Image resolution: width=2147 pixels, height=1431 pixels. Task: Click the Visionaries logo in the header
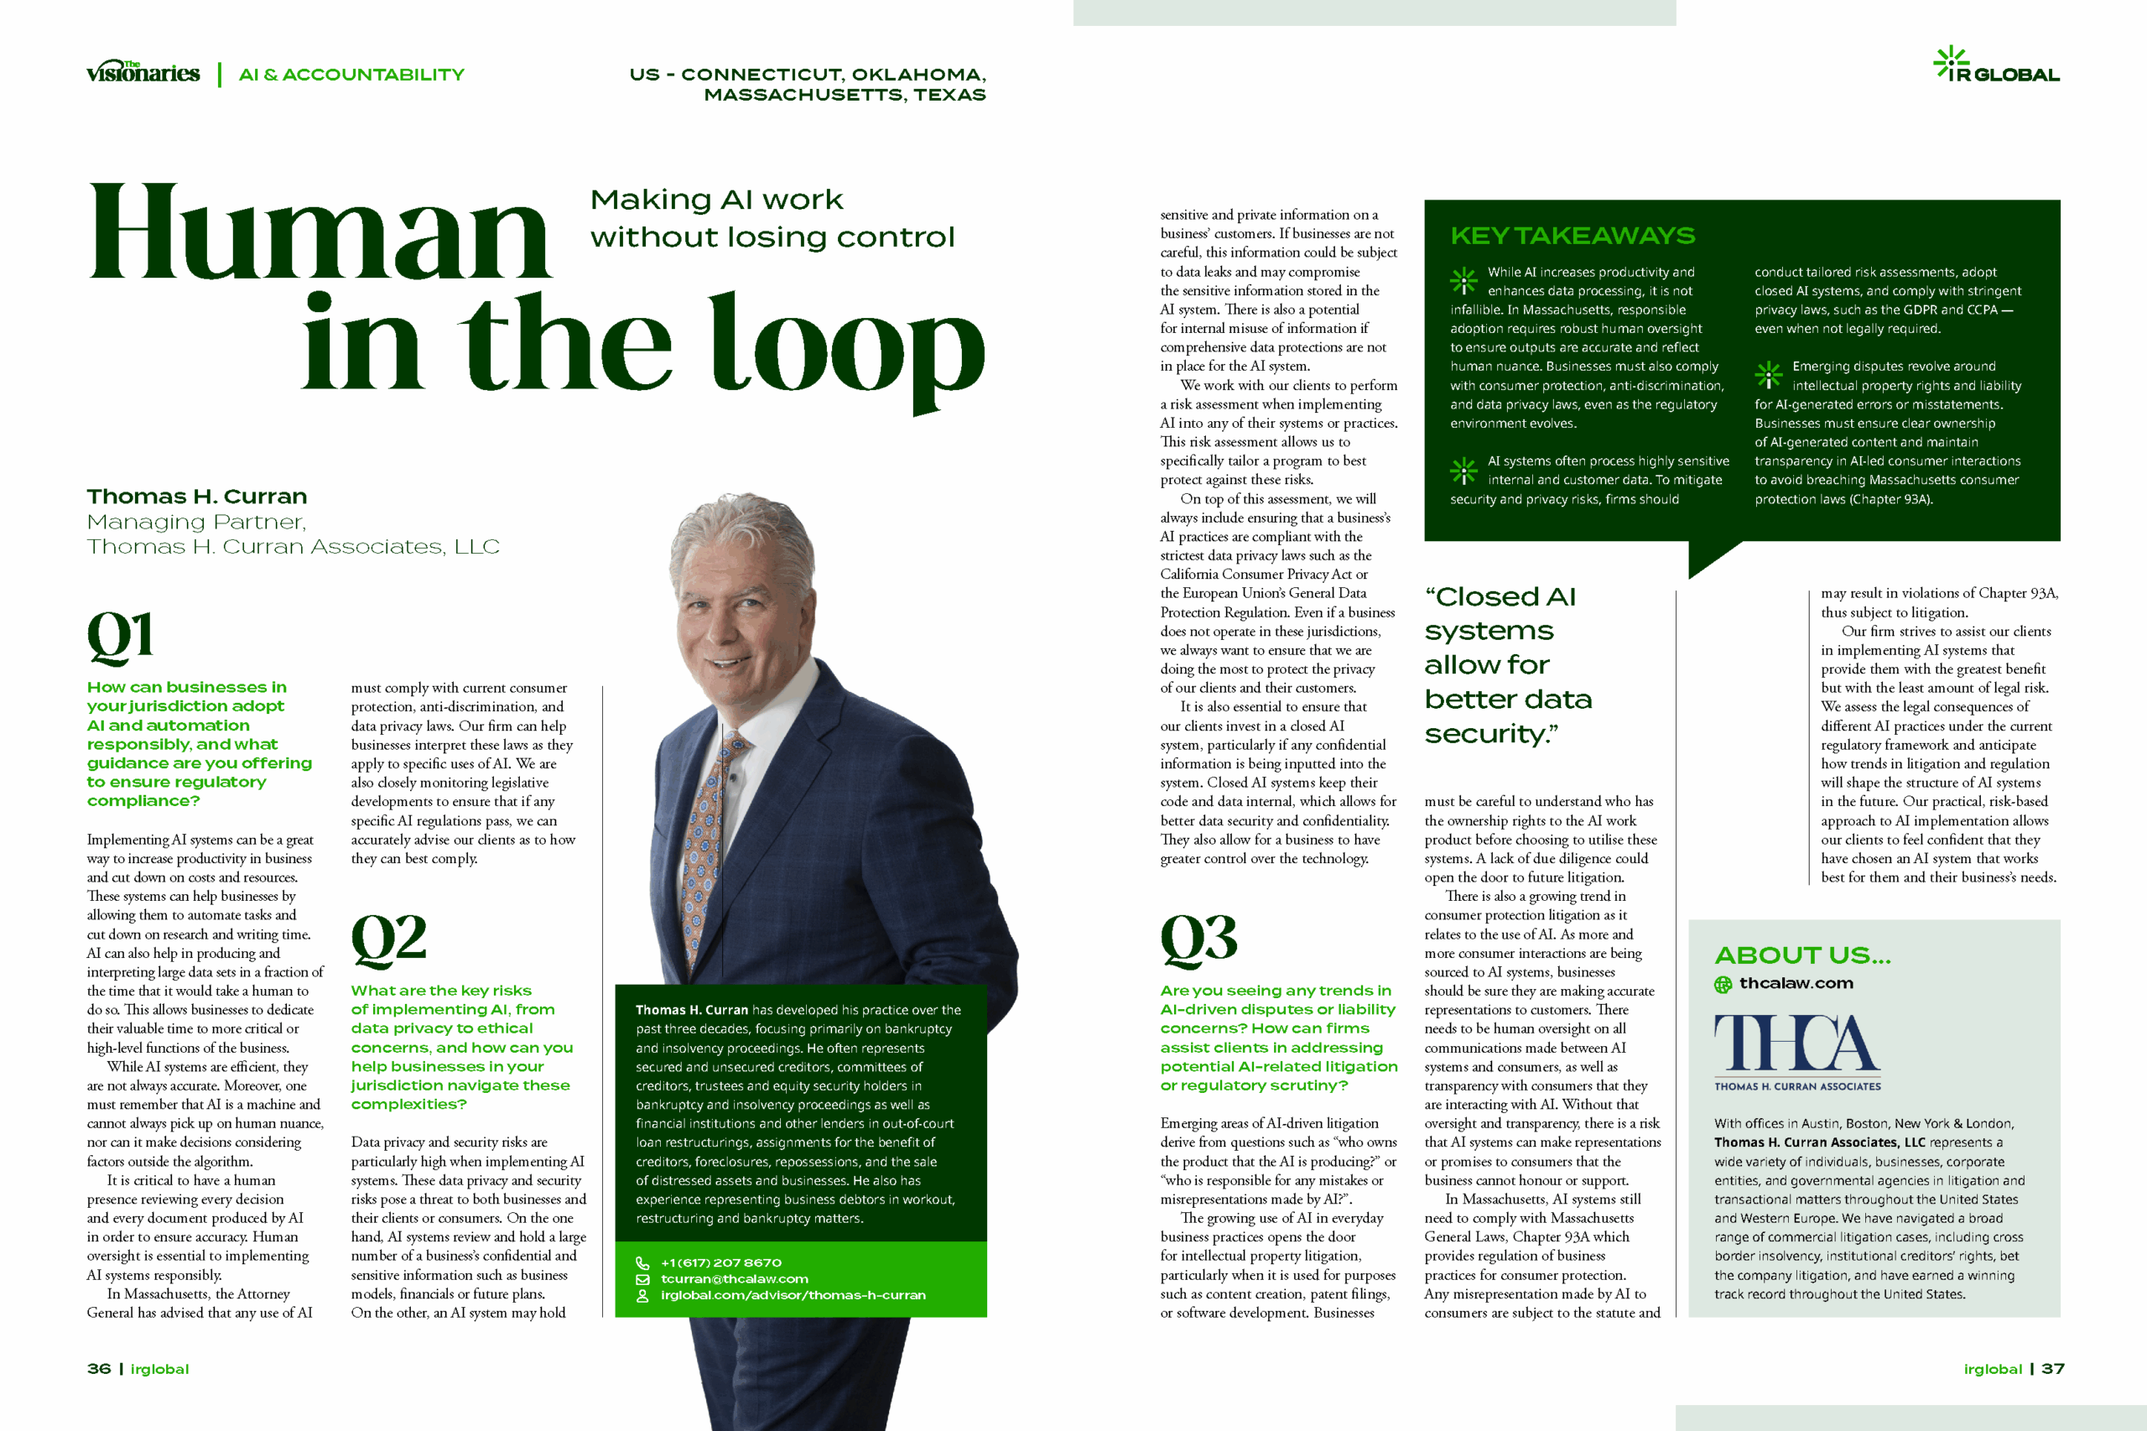pyautogui.click(x=143, y=73)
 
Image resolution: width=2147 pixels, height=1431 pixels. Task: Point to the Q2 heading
pyautogui.click(x=388, y=939)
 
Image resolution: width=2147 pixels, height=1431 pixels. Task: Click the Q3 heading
pyautogui.click(x=1198, y=939)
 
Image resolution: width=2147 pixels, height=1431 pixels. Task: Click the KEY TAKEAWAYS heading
pyautogui.click(x=1573, y=237)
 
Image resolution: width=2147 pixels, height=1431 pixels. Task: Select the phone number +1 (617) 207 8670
pyautogui.click(x=720, y=1263)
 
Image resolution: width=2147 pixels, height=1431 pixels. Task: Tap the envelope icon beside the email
pyautogui.click(x=642, y=1279)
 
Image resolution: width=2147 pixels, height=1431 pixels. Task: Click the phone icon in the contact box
pyautogui.click(x=642, y=1263)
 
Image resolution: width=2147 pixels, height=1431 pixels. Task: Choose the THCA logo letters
pyautogui.click(x=1796, y=1043)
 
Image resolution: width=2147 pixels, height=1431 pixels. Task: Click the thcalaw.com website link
pyautogui.click(x=1796, y=984)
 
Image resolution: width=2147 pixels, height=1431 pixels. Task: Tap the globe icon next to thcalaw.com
pyautogui.click(x=1723, y=985)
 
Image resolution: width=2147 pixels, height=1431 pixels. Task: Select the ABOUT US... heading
pyautogui.click(x=1802, y=955)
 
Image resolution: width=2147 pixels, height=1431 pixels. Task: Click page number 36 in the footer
pyautogui.click(x=99, y=1369)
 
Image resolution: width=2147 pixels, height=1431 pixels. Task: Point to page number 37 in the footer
pyautogui.click(x=2053, y=1369)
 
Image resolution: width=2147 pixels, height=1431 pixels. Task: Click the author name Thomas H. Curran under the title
pyautogui.click(x=197, y=497)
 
